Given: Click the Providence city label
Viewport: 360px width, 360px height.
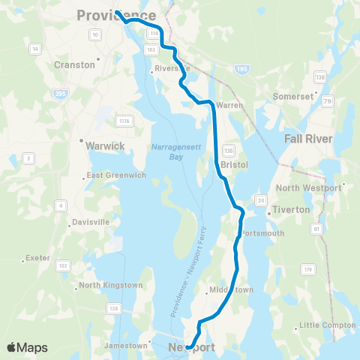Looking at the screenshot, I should (x=116, y=15).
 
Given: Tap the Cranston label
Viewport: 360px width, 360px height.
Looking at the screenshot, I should (x=75, y=64).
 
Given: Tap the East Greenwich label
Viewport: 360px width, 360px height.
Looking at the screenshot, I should (x=113, y=176).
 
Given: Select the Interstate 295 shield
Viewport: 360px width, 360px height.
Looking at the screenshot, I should (x=58, y=93).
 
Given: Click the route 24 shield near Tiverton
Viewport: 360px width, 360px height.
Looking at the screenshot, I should (x=260, y=199).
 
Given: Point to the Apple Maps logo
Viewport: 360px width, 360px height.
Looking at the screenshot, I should (x=27, y=347).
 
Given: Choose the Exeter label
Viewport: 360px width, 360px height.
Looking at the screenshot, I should (x=37, y=258).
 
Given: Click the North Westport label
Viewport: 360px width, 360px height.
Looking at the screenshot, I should (x=308, y=187).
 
